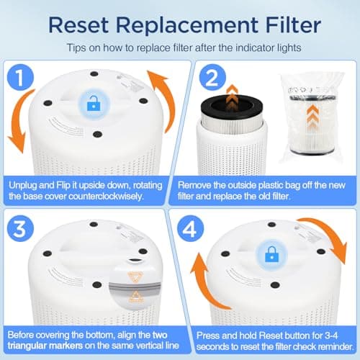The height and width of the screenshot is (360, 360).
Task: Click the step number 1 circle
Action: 24,77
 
